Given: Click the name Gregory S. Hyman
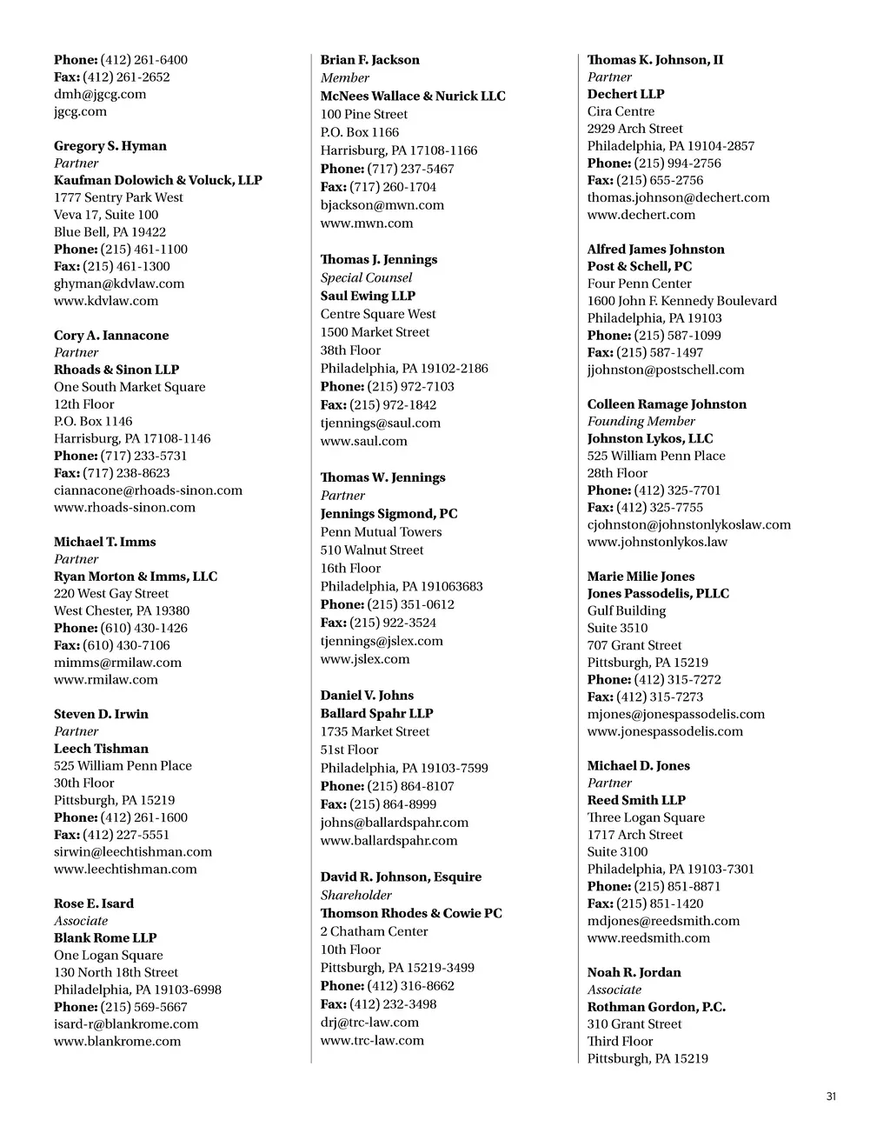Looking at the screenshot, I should pos(110,146).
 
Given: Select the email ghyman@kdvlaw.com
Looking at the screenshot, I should pos(119,283).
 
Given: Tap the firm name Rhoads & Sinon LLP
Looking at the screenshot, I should pos(116,370).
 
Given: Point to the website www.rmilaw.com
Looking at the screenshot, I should pos(106,680).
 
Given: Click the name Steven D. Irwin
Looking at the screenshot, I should pos(101,714).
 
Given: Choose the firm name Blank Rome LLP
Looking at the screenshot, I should pos(105,938).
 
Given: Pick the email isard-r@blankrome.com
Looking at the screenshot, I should pos(126,1024).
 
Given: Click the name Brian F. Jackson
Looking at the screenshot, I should pos(369,60).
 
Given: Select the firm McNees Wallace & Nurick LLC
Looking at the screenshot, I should pos(413,97).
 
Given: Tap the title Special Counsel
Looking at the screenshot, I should pos(366,278).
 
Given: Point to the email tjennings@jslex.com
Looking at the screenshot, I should pos(382,641).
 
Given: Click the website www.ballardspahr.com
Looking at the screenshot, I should pos(389,841).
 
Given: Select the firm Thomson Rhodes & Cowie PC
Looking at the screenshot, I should pos(411,914).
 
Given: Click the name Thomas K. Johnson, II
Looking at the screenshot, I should pos(654,60).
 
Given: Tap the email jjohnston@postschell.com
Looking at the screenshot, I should pos(666,370).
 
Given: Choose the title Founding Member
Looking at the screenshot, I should pos(641,422).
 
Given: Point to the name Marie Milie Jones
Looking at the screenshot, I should pos(641,576).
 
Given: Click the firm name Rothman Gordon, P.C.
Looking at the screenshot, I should pos(656,1007).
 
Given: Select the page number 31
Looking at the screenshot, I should pos(831,1097).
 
